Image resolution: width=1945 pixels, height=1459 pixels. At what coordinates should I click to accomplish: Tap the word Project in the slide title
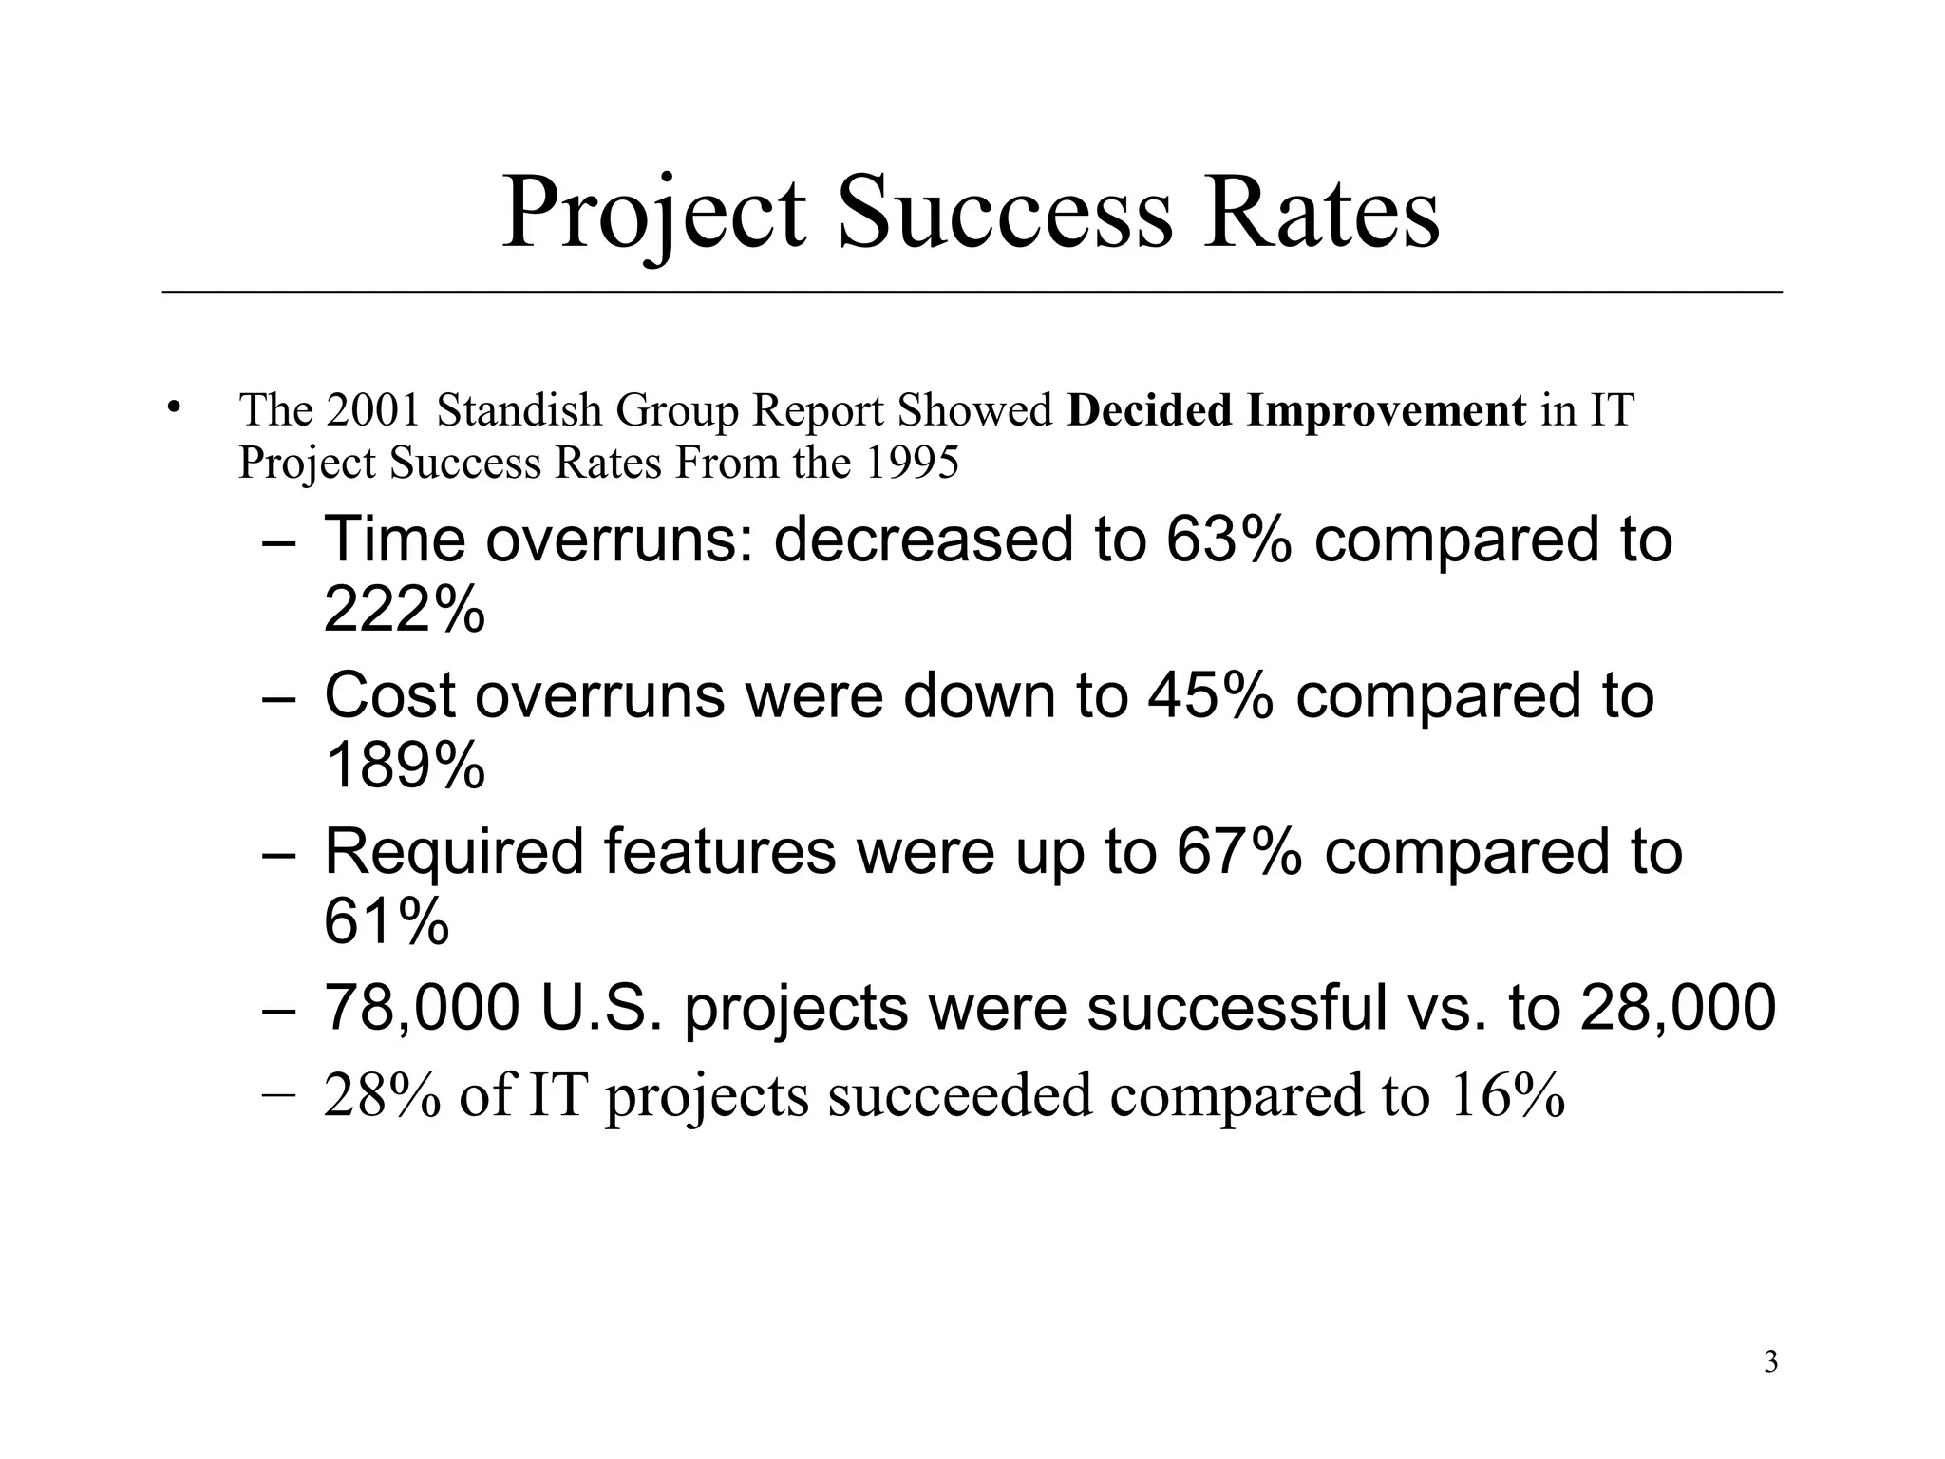[x=653, y=215]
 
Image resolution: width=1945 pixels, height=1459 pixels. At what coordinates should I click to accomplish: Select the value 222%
[x=404, y=609]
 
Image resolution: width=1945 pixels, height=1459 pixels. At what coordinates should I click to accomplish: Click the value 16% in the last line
[x=1507, y=1094]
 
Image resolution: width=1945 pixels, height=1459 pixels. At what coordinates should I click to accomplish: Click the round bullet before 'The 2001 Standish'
[x=172, y=408]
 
